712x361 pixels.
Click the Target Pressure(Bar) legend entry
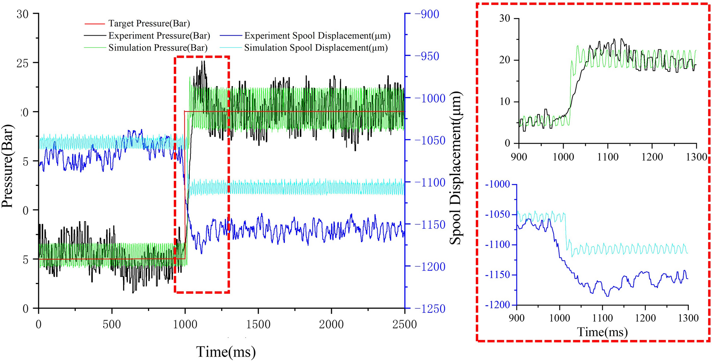[x=149, y=24]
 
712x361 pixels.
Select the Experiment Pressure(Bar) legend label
[x=159, y=36]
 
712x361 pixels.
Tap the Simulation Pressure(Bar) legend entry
[x=158, y=48]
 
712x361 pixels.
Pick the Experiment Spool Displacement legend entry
[x=317, y=36]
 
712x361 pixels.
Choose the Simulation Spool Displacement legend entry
[x=316, y=48]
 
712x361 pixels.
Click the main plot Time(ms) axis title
[x=226, y=352]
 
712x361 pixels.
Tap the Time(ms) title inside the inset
[x=603, y=332]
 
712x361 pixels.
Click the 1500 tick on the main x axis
[x=258, y=324]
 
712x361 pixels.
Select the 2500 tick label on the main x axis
[x=405, y=324]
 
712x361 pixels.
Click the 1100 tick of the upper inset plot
[x=608, y=157]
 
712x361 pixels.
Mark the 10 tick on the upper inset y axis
[x=505, y=102]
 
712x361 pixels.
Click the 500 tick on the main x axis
[x=112, y=324]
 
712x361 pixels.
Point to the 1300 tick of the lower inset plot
[x=688, y=318]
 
